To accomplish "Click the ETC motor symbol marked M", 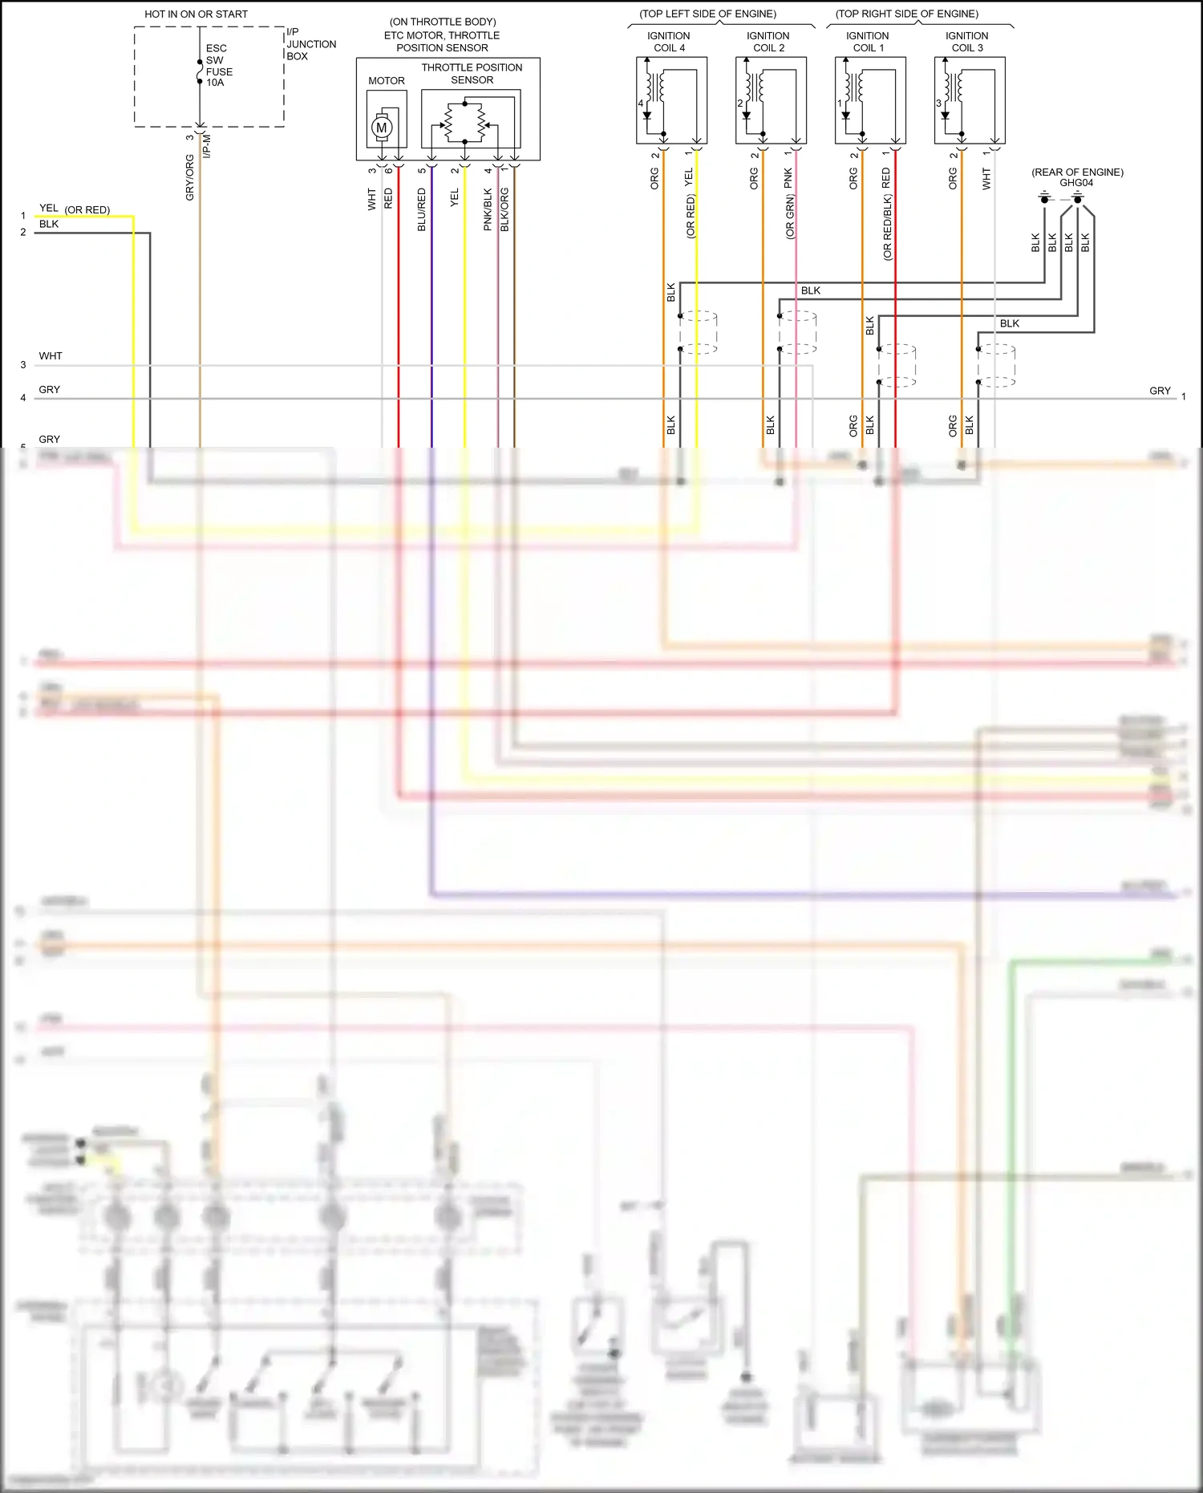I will [x=382, y=128].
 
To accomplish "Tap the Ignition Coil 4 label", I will [x=668, y=42].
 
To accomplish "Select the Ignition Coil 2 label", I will [x=768, y=42].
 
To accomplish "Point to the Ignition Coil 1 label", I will [x=867, y=42].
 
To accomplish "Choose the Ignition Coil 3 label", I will [x=966, y=42].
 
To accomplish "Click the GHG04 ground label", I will [x=1076, y=183].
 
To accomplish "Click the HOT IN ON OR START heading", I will [x=196, y=14].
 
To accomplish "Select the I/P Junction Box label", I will [x=310, y=44].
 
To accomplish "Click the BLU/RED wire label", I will [x=422, y=210].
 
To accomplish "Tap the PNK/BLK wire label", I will [x=488, y=210].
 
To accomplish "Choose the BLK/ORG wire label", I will [x=504, y=210].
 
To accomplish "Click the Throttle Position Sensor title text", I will [x=472, y=74].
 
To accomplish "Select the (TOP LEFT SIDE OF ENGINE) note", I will [x=707, y=14].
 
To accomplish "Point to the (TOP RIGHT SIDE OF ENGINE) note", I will [x=906, y=14].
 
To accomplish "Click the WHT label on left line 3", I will [x=51, y=356].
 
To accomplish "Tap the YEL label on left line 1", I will [x=49, y=209].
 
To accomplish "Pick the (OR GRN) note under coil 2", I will [x=790, y=219].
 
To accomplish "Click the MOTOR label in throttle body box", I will [x=387, y=81].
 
